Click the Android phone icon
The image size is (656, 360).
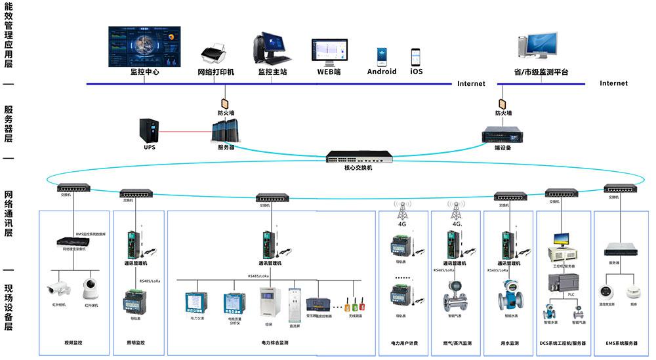pos(382,56)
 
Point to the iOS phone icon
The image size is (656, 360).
pos(416,56)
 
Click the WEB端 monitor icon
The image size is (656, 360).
pos(329,52)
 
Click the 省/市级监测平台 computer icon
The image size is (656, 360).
pos(539,48)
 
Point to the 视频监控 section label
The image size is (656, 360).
pos(73,343)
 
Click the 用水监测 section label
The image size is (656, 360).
pos(509,343)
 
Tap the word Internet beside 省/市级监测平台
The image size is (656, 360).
pos(613,83)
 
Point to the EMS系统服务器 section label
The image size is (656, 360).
pos(620,343)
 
